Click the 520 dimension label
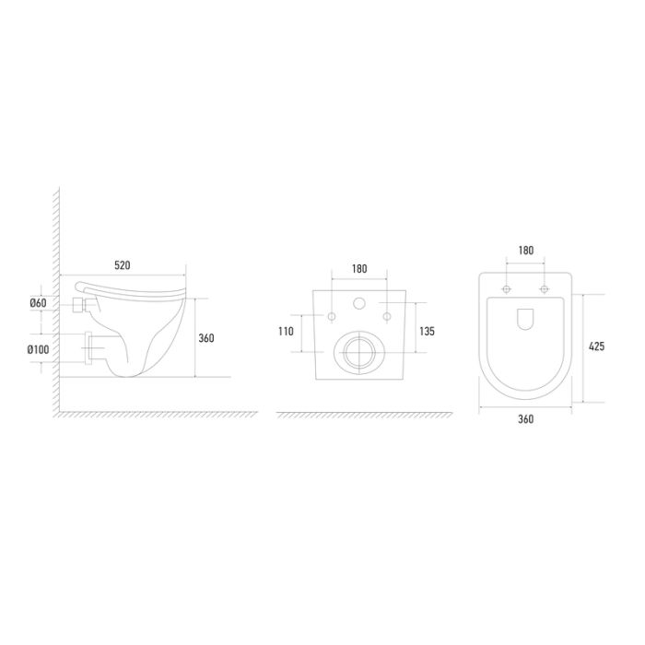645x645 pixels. pos(123,265)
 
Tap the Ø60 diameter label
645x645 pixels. pos(39,303)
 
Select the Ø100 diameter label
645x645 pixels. pos(39,349)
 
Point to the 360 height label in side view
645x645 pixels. pos(206,338)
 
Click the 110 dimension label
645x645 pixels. pos(286,331)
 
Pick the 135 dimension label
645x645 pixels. pos(427,331)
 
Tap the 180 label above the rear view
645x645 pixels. pos(359,269)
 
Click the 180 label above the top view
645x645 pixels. pos(526,250)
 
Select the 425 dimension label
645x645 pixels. pos(596,346)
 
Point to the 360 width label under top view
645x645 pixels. pos(526,419)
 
